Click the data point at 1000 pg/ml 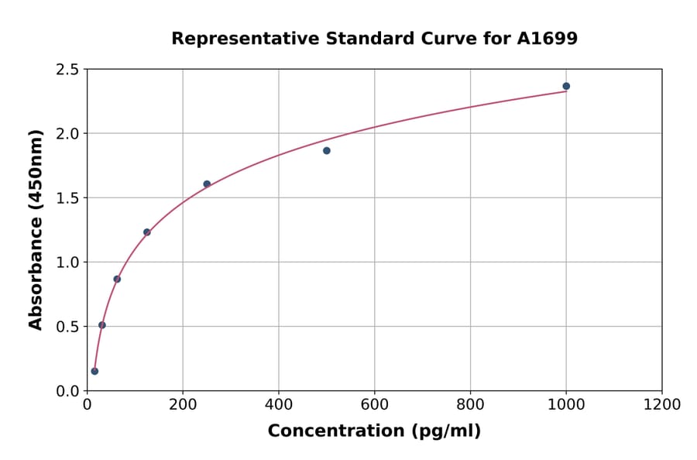pyautogui.click(x=566, y=86)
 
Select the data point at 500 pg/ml pyautogui.click(x=327, y=150)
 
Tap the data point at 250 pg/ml pyautogui.click(x=207, y=184)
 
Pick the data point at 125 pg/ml pyautogui.click(x=147, y=232)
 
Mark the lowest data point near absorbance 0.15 pyautogui.click(x=94, y=371)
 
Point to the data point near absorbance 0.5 pyautogui.click(x=102, y=325)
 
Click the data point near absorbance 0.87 pyautogui.click(x=117, y=279)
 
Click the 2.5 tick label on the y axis pyautogui.click(x=67, y=70)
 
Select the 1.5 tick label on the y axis pyautogui.click(x=67, y=198)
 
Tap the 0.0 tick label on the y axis pyautogui.click(x=67, y=391)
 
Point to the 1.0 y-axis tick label pyautogui.click(x=67, y=263)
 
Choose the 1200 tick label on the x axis pyautogui.click(x=662, y=405)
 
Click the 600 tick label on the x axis pyautogui.click(x=375, y=405)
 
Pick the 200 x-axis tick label pyautogui.click(x=183, y=405)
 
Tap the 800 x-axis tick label pyautogui.click(x=470, y=405)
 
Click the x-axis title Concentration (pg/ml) pyautogui.click(x=374, y=431)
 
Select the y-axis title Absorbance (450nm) pyautogui.click(x=36, y=229)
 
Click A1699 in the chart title pyautogui.click(x=547, y=39)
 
